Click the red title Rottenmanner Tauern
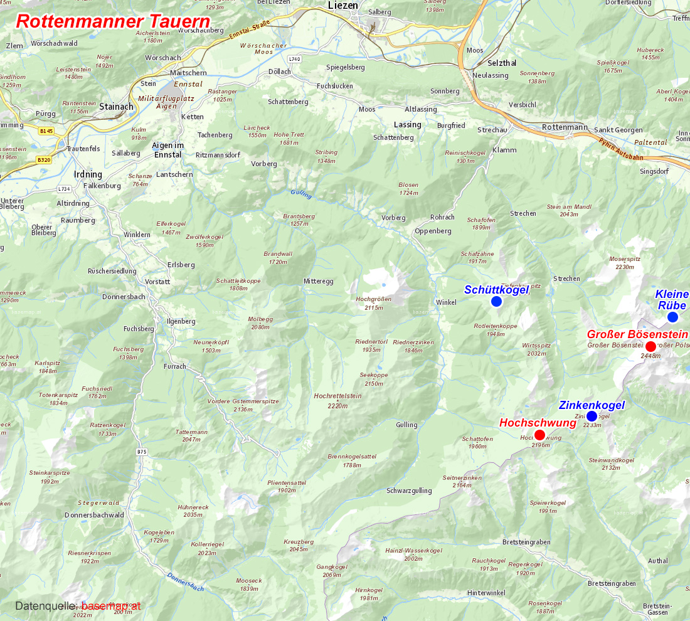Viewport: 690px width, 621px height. tap(113, 20)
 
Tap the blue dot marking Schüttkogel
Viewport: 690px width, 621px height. tap(496, 302)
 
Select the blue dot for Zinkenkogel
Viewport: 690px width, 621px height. tap(592, 416)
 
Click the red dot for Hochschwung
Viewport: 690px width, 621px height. tap(539, 435)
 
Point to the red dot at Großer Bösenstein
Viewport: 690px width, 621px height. tap(650, 346)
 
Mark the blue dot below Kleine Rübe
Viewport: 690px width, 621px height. tap(672, 317)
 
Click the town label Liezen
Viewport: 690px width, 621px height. tap(342, 6)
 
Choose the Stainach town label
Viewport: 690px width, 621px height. tap(116, 107)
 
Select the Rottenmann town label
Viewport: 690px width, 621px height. tap(565, 127)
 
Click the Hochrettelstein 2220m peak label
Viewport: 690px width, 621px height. tap(337, 400)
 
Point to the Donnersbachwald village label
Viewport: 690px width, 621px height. tap(94, 515)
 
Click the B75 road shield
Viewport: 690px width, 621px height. tap(142, 452)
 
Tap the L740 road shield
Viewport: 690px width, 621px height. tap(295, 59)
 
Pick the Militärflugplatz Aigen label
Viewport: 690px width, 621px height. tap(167, 102)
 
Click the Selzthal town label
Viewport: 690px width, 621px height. tap(502, 63)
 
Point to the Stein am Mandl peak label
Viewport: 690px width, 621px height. tap(569, 210)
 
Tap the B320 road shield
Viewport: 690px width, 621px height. tap(43, 160)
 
